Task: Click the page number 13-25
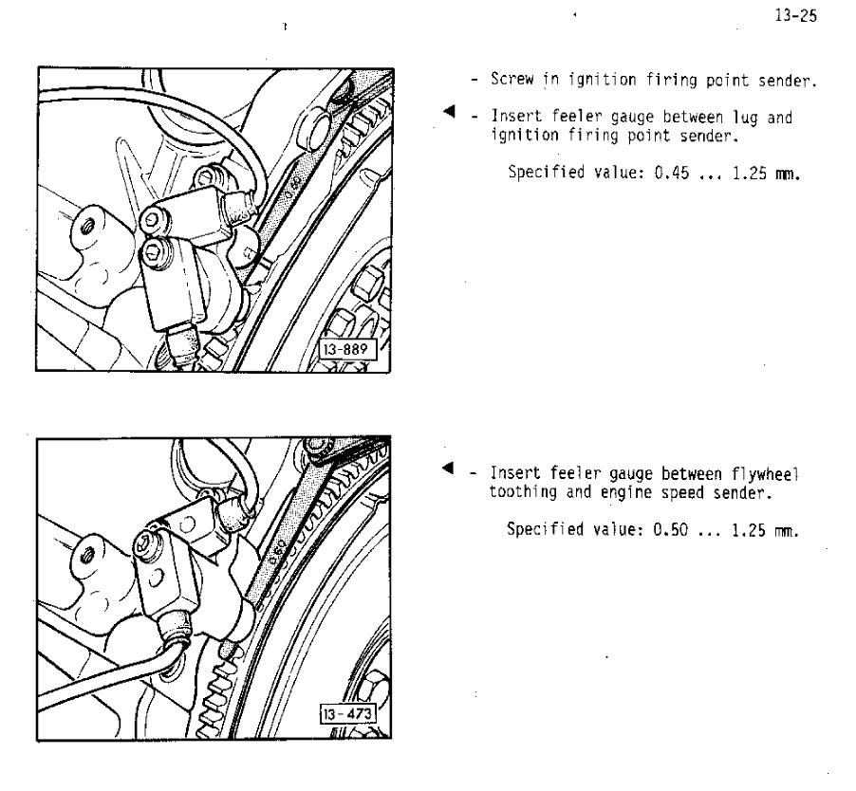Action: (795, 15)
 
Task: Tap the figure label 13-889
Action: (346, 349)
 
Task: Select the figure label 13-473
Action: (347, 714)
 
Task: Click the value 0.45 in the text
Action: (672, 173)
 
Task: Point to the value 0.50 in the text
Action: (670, 529)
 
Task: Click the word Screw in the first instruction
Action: (512, 79)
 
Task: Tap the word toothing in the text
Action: (523, 492)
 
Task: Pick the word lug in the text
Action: (745, 118)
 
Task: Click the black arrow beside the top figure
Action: (449, 111)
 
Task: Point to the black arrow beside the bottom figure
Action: (448, 468)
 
